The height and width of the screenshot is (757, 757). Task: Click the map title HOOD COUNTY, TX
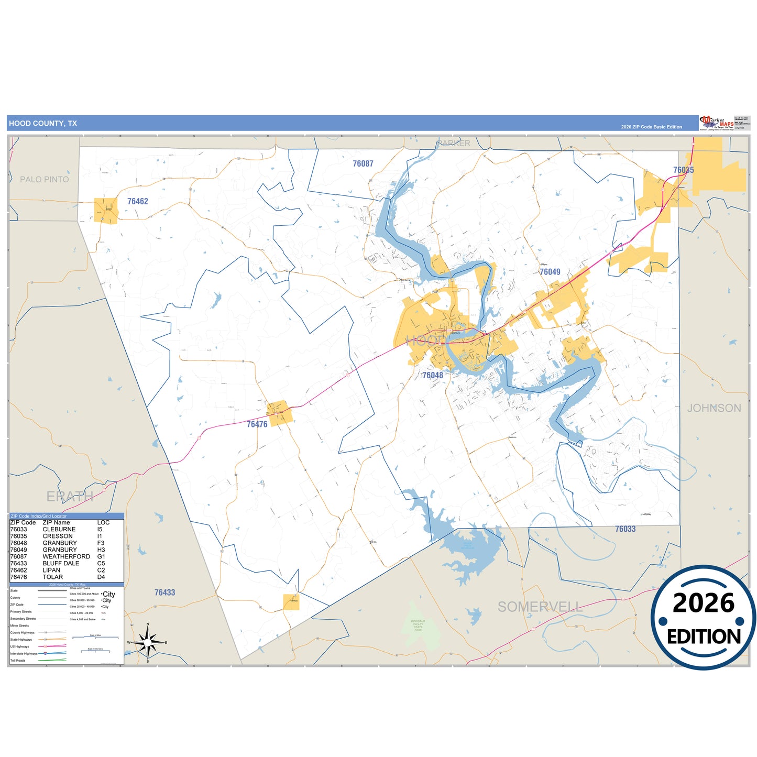(x=43, y=124)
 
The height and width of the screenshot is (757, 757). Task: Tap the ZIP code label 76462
(x=138, y=201)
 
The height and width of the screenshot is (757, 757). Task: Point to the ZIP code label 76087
(x=363, y=164)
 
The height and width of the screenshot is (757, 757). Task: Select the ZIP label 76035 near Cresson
(x=683, y=170)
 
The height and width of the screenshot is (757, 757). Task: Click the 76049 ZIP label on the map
(x=550, y=272)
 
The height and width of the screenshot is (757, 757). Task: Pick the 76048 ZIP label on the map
(x=433, y=375)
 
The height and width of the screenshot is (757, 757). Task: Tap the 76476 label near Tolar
(x=257, y=424)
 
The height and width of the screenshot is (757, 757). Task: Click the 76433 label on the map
(x=164, y=593)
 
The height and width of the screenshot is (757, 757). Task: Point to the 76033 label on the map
(x=625, y=529)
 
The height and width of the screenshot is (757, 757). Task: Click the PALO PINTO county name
(x=45, y=179)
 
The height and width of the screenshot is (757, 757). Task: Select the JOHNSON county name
(x=714, y=408)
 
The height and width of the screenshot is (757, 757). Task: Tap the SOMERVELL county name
(x=540, y=607)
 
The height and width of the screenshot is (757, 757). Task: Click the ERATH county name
(x=70, y=496)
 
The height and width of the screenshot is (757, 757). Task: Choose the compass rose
(x=148, y=642)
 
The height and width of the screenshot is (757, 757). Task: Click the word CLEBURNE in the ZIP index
(x=59, y=530)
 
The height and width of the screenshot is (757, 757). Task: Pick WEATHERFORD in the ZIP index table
(x=66, y=556)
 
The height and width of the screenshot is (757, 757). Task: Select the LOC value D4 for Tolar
(x=101, y=577)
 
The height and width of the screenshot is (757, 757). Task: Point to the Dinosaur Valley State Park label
(x=418, y=626)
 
